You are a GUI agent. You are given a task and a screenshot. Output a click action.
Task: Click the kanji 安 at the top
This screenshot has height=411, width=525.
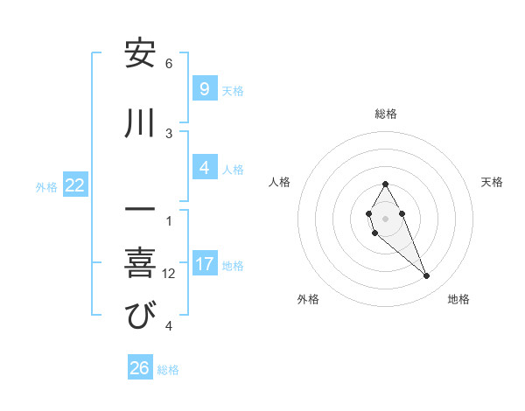coord(140,54)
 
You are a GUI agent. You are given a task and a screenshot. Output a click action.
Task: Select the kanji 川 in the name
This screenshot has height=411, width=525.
coord(140,124)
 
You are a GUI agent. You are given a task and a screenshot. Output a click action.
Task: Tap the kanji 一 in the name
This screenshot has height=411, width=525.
coord(140,212)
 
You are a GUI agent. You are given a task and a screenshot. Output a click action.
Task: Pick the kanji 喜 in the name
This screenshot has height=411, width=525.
coord(140,263)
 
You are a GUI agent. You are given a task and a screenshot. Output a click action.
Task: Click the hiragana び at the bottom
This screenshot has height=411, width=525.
coord(140,316)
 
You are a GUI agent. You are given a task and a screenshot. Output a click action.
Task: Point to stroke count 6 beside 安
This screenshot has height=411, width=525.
coord(169,64)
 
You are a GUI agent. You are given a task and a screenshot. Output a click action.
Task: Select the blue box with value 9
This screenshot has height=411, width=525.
coord(204,88)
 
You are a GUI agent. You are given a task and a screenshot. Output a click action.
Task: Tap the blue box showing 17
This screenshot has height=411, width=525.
coord(204,263)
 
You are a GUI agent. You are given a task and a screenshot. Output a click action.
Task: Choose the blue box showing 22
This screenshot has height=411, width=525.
coord(74,185)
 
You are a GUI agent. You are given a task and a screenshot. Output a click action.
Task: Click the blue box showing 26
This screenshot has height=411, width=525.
coord(140,368)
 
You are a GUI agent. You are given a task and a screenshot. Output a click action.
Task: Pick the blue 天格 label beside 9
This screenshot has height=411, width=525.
coord(233,90)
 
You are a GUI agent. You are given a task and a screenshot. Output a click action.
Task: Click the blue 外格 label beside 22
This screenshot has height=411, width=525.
coord(46,186)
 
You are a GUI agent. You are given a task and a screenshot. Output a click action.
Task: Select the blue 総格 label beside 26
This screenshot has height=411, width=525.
coord(168,370)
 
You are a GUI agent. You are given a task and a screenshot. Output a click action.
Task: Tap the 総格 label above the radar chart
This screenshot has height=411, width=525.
coord(386,114)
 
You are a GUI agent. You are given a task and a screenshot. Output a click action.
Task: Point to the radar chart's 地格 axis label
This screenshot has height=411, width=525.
coord(458,299)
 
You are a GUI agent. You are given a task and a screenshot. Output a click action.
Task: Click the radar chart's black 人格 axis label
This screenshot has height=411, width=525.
coord(279,182)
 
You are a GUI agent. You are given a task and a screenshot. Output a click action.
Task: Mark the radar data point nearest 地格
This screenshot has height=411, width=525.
coord(427,276)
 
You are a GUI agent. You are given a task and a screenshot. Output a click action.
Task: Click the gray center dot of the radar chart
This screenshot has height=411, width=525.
coord(385,218)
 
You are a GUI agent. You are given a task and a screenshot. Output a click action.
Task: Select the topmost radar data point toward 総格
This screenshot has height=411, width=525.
coord(385,184)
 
